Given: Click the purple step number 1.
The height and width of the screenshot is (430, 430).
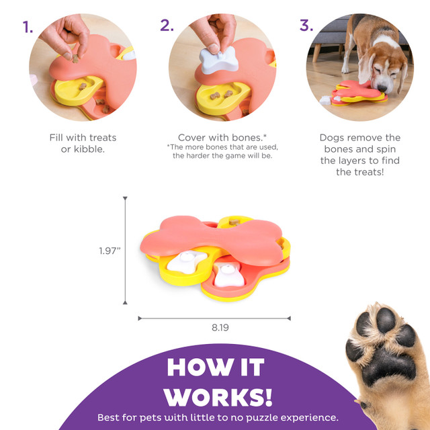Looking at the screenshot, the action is point(28,27).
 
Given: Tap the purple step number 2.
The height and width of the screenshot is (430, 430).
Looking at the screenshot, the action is point(167,26).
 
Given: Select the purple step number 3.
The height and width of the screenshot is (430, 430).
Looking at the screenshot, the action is point(306,26).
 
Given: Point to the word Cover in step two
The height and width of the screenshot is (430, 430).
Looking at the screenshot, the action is point(192,137).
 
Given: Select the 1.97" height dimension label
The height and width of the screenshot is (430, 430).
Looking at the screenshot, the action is point(110,251).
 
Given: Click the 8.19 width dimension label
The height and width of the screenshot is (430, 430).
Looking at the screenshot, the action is point(220,327).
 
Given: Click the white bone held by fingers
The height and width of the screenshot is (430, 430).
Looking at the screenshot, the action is point(219,60).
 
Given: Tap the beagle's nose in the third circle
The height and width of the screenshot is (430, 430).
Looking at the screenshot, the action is point(382,89).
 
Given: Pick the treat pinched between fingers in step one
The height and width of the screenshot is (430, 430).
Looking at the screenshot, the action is point(75,58).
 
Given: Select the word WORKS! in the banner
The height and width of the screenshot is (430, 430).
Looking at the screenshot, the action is point(218,397).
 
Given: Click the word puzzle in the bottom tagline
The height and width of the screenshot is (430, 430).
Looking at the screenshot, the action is point(263,418).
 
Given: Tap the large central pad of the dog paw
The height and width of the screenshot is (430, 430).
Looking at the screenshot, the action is point(388,365).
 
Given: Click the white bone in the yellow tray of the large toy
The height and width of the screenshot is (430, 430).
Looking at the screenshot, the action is point(187,261).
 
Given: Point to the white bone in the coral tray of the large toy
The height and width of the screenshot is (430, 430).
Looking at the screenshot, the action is point(228,275).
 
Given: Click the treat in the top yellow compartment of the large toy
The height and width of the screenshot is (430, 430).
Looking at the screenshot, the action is point(234,222).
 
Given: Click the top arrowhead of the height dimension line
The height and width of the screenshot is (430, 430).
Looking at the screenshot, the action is point(125,198).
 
